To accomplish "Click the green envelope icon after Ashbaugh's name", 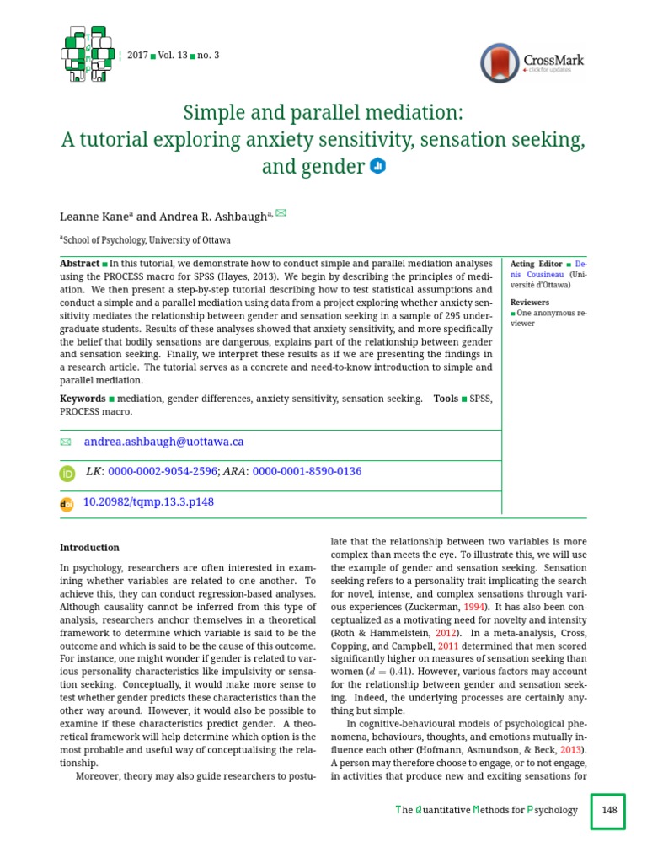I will click(x=281, y=212).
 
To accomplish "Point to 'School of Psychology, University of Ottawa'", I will click(x=147, y=240).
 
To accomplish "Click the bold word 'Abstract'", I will click(x=79, y=264).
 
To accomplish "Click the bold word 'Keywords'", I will click(x=83, y=399).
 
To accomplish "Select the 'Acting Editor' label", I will click(x=536, y=264).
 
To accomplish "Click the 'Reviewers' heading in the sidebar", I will click(x=529, y=302).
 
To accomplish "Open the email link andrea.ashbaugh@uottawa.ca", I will click(x=163, y=442).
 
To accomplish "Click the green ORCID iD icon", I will click(x=67, y=474).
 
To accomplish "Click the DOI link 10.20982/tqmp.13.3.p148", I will click(x=149, y=502).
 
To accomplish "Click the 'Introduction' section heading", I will click(x=89, y=547).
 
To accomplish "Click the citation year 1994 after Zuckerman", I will click(x=475, y=607).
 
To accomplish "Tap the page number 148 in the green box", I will click(x=609, y=810).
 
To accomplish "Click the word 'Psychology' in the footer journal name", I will click(x=552, y=810).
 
